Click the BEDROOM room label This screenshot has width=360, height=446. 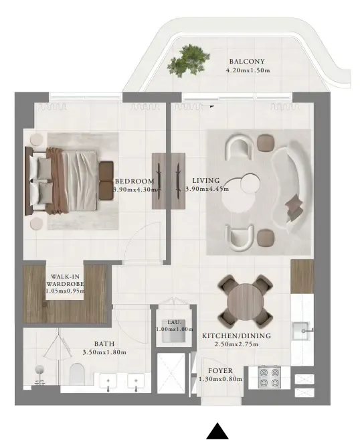click(x=134, y=181)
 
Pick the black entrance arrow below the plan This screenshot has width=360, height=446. click(x=217, y=433)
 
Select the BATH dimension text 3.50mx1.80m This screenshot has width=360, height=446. click(x=104, y=352)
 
